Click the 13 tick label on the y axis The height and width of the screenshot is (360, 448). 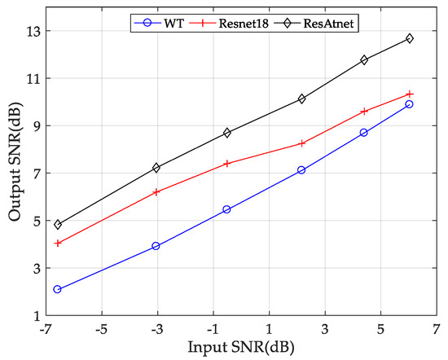tap(31, 32)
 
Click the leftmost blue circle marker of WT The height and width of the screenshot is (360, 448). tap(58, 289)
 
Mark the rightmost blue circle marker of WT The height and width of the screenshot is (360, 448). tap(409, 104)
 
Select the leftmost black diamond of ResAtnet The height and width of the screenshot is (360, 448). tap(58, 224)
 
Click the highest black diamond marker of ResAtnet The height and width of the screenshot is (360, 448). tap(409, 38)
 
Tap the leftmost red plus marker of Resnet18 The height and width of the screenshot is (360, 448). tap(58, 243)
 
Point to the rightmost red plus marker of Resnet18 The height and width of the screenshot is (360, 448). tap(409, 94)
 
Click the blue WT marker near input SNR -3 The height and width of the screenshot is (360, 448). tap(156, 246)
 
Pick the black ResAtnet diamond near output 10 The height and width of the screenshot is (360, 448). tap(301, 99)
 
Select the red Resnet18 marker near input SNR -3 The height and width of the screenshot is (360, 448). tap(156, 192)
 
